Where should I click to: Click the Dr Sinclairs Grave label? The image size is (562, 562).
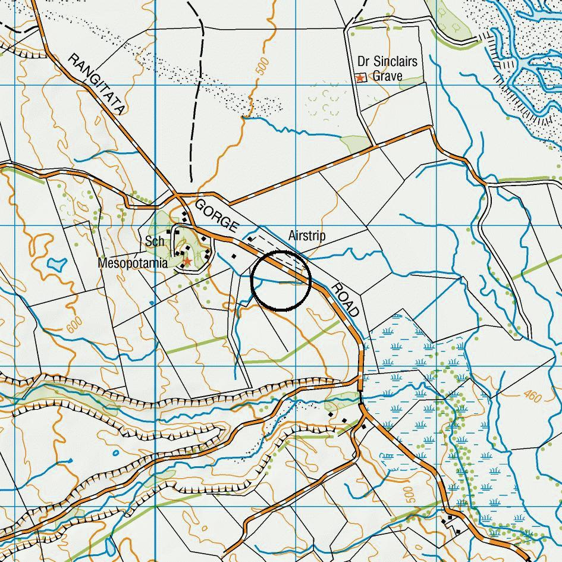(x=387, y=68)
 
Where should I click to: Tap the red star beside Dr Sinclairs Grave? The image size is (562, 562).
(x=360, y=78)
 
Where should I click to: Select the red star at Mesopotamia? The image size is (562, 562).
(x=187, y=262)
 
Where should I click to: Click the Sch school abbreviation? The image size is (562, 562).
(x=154, y=241)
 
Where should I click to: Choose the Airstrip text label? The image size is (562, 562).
(x=307, y=236)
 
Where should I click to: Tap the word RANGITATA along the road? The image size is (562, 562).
(x=97, y=83)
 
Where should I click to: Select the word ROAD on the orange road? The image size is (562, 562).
(x=346, y=300)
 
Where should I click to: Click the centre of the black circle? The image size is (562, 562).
(x=281, y=281)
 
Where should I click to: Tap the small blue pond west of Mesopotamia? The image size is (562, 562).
(x=57, y=262)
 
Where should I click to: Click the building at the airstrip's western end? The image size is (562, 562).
(x=250, y=239)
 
